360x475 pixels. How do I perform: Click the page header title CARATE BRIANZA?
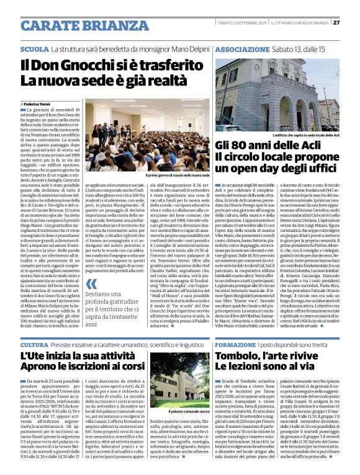75,25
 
